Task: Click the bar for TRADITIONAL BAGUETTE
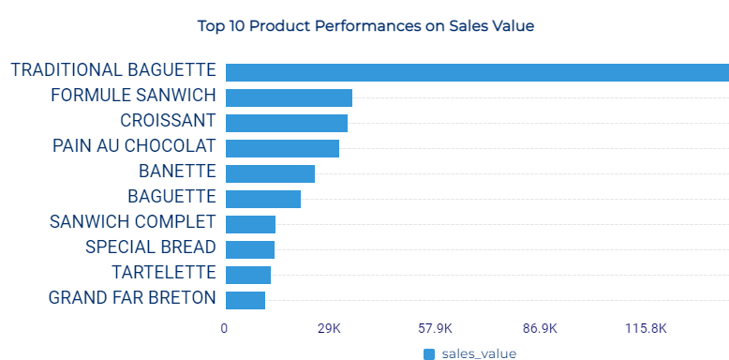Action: pos(477,72)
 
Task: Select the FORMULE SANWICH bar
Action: pos(289,97)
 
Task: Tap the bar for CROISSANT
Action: pos(287,123)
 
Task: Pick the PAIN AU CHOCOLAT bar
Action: pos(282,148)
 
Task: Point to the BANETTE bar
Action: pos(270,173)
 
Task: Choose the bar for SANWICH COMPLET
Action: pos(250,224)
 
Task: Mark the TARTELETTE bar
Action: pos(248,275)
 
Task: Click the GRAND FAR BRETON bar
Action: pos(245,300)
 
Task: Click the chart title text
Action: pos(365,26)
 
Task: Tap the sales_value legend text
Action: pos(478,353)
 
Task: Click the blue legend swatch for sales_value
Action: pos(429,353)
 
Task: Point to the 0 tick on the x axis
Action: pos(224,328)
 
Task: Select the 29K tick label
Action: pos(329,328)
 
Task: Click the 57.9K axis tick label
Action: pos(435,328)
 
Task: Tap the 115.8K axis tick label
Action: pos(646,328)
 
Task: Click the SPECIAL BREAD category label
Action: pos(150,247)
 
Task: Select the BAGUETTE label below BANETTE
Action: pos(171,197)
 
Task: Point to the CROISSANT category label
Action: pos(168,121)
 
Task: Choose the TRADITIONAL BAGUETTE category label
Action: pos(113,70)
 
